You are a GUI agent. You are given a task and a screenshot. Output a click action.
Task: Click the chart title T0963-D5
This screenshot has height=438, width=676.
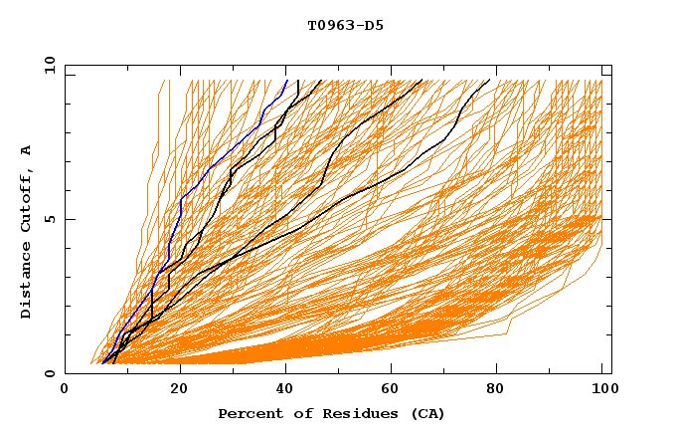tap(345, 25)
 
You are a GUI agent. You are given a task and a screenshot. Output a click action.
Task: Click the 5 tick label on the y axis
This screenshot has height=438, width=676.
tap(50, 219)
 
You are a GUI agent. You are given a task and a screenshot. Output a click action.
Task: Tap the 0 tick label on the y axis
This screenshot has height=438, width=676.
tap(50, 373)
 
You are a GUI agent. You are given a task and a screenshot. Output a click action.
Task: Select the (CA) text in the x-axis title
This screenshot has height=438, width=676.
tap(425, 413)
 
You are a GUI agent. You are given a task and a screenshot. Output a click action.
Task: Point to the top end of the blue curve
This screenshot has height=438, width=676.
tap(287, 80)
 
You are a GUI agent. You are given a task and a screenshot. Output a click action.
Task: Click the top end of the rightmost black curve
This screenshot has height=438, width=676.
tap(489, 80)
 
